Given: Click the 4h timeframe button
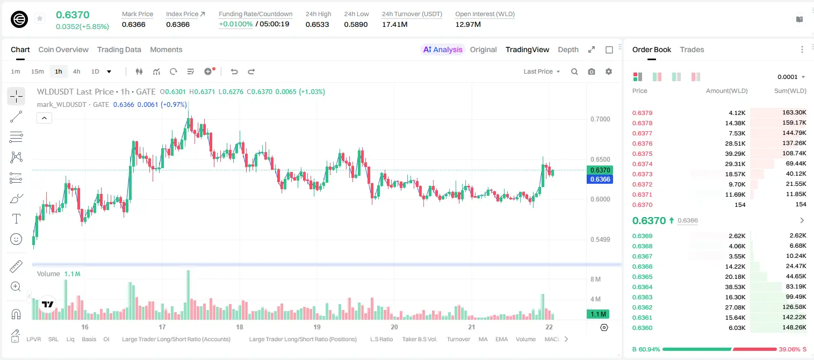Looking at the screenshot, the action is tap(76, 71).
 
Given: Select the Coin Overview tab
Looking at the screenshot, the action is tap(63, 49).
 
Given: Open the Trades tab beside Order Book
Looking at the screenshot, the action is tap(691, 49).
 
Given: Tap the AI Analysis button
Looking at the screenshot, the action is tap(443, 49).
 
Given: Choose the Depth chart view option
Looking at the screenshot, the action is tap(568, 49).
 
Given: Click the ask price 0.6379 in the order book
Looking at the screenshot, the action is tap(642, 113).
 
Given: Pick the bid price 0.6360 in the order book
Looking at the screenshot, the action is tap(642, 328).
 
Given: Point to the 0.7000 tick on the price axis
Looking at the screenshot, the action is tap(600, 119).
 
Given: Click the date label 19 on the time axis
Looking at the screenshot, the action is tap(317, 327).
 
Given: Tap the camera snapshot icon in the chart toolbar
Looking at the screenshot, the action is tap(592, 71).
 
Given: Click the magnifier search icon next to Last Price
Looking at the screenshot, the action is tap(574, 71).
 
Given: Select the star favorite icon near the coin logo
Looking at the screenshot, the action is tap(40, 18).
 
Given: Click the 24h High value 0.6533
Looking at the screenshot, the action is tap(317, 24).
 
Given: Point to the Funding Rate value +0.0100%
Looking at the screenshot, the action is tap(235, 24).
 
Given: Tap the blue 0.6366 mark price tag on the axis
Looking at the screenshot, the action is tap(600, 179).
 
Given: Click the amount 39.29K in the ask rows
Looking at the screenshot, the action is tap(735, 154).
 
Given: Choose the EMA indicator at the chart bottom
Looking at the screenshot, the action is tap(501, 339).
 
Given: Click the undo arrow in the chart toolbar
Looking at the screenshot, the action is tap(234, 71).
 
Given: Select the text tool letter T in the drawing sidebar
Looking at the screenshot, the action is tap(16, 219).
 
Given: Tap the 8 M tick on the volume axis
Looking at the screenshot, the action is tap(596, 279).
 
